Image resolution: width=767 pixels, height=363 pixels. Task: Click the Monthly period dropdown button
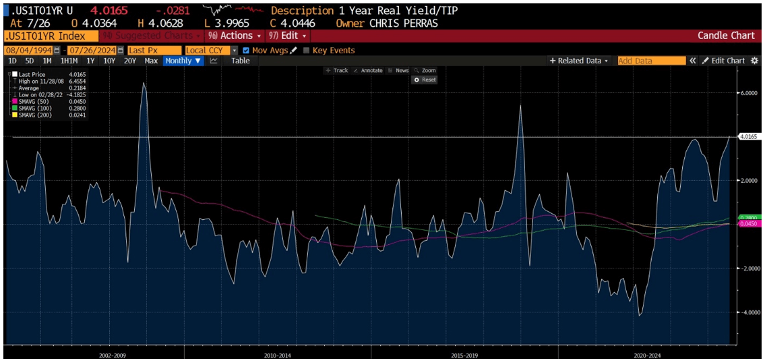183,61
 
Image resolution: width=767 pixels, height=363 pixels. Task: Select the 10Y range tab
109,61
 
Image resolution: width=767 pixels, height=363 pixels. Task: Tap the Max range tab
151,61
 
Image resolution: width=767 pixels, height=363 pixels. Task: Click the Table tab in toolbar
240,61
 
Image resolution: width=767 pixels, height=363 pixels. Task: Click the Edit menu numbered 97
288,36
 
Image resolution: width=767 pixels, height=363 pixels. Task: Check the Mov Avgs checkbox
246,51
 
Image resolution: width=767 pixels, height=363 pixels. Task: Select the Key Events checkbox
307,51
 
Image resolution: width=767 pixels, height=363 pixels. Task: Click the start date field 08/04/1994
28,51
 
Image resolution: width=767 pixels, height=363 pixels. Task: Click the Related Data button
578,61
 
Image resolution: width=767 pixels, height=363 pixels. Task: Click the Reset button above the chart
425,80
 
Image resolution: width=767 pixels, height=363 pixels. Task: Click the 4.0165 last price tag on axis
748,136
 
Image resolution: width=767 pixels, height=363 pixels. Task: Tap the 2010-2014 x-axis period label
277,354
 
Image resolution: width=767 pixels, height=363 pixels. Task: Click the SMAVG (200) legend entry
31,115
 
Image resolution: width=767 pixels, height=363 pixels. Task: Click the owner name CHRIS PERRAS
404,23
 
